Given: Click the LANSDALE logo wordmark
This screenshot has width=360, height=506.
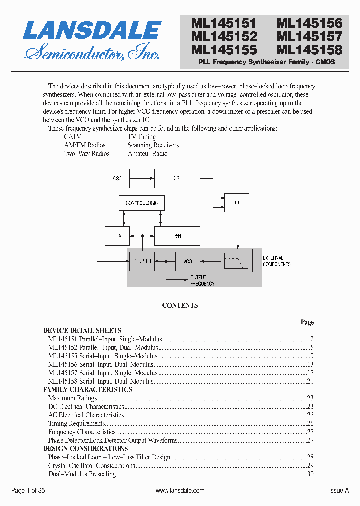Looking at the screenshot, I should [92, 30].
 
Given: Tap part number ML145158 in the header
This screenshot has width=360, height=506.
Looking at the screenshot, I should [309, 50].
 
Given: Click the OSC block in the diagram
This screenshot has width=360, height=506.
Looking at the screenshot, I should [117, 178].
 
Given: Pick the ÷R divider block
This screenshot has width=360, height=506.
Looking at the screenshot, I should [177, 178].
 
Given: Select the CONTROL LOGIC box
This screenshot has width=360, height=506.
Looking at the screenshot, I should [142, 203].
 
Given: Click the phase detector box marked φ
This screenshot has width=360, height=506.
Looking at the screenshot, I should [237, 203].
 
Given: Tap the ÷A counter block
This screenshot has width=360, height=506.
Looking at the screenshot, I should [117, 235].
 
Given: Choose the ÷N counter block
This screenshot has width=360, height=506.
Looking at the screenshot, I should [177, 235].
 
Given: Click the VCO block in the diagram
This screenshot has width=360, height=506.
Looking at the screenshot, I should [187, 261].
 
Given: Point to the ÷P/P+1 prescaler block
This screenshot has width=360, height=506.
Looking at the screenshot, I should [142, 261].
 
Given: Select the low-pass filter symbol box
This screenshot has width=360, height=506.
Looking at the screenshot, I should [237, 261].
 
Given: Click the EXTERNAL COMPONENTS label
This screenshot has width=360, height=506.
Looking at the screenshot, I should [276, 261].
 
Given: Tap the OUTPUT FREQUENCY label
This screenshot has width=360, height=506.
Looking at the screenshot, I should [202, 280].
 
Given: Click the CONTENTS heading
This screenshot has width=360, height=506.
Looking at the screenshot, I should [180, 305].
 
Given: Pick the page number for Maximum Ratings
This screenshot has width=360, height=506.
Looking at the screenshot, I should [310, 398].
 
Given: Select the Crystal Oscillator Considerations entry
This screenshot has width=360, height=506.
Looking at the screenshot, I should [92, 466].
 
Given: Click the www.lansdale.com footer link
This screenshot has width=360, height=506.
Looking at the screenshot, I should [180, 491].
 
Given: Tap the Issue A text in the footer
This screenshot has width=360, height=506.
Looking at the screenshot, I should [339, 491].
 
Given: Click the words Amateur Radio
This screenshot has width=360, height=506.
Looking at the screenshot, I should [147, 154].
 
